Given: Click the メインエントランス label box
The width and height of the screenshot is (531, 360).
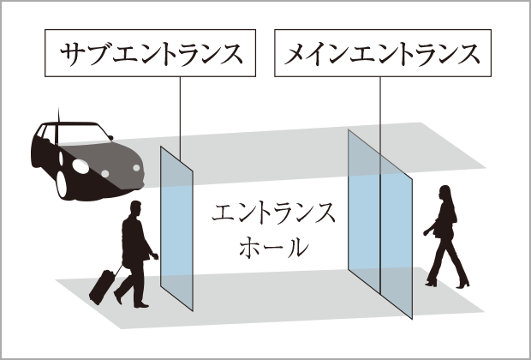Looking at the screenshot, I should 381,54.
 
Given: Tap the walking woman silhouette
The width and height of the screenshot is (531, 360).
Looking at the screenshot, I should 445,236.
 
